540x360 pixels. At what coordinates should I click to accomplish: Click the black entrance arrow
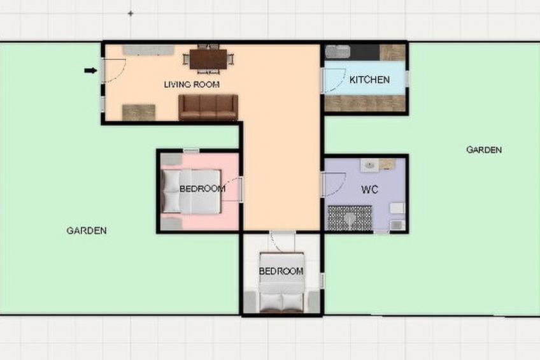click(x=90, y=71)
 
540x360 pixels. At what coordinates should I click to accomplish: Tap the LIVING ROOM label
click(x=192, y=84)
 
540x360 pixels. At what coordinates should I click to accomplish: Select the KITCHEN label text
click(x=369, y=80)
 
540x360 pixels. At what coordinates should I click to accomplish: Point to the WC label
click(x=369, y=189)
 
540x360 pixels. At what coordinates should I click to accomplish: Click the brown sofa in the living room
click(x=208, y=107)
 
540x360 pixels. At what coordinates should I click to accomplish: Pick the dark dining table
click(x=208, y=59)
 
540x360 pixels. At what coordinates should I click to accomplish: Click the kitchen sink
click(x=338, y=52)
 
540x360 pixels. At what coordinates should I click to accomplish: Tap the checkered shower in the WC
click(x=350, y=218)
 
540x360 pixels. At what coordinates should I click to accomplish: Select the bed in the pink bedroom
click(x=191, y=191)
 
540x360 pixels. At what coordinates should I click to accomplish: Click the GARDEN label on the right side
click(x=484, y=150)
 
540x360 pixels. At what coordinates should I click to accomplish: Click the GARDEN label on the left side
click(x=87, y=231)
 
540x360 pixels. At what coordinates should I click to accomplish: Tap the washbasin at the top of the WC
click(x=369, y=166)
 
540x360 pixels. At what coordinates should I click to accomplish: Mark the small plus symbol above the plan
click(x=131, y=14)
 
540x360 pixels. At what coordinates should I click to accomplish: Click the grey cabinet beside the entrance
click(x=148, y=50)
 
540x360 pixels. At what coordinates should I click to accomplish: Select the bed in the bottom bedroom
click(x=281, y=282)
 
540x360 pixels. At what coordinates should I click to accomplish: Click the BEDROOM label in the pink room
click(x=202, y=189)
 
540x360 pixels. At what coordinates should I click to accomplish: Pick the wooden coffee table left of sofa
click(x=138, y=113)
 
